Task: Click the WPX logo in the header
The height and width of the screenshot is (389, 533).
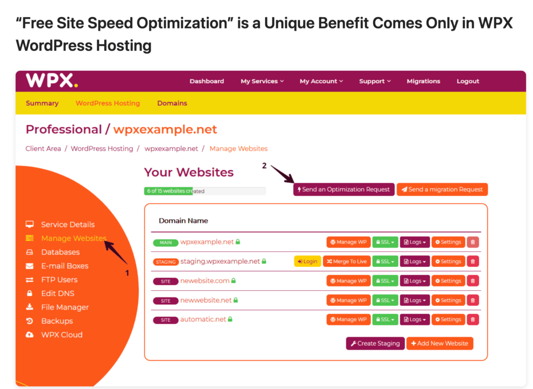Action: pos(52,81)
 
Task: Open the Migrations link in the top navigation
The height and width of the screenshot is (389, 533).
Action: pos(423,81)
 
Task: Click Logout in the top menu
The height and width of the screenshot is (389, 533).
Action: pos(468,81)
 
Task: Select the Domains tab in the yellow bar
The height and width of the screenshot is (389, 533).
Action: pos(172,103)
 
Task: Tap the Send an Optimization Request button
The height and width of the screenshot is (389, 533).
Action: pos(344,189)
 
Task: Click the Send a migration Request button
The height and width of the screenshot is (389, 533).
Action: pos(442,189)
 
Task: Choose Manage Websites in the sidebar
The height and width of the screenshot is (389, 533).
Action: pos(73,238)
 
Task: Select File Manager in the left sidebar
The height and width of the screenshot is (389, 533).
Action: pos(65,307)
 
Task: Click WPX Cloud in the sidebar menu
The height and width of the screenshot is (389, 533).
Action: pos(61,335)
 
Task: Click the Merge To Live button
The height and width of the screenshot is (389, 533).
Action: pos(346,262)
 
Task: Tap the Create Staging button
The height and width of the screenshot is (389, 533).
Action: pos(375,343)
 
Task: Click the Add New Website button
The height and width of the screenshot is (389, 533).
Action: pos(439,343)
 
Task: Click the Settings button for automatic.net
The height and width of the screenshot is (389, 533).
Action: pos(448,319)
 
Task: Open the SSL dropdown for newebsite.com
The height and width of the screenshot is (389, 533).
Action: pos(385,281)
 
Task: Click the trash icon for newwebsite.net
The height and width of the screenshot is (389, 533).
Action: pos(473,300)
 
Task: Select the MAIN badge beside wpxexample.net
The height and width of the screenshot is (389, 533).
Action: pos(166,242)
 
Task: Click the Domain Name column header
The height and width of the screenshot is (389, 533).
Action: pos(183,221)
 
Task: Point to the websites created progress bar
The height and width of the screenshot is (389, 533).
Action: pos(205,191)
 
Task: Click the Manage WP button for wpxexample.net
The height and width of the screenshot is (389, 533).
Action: pos(348,242)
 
